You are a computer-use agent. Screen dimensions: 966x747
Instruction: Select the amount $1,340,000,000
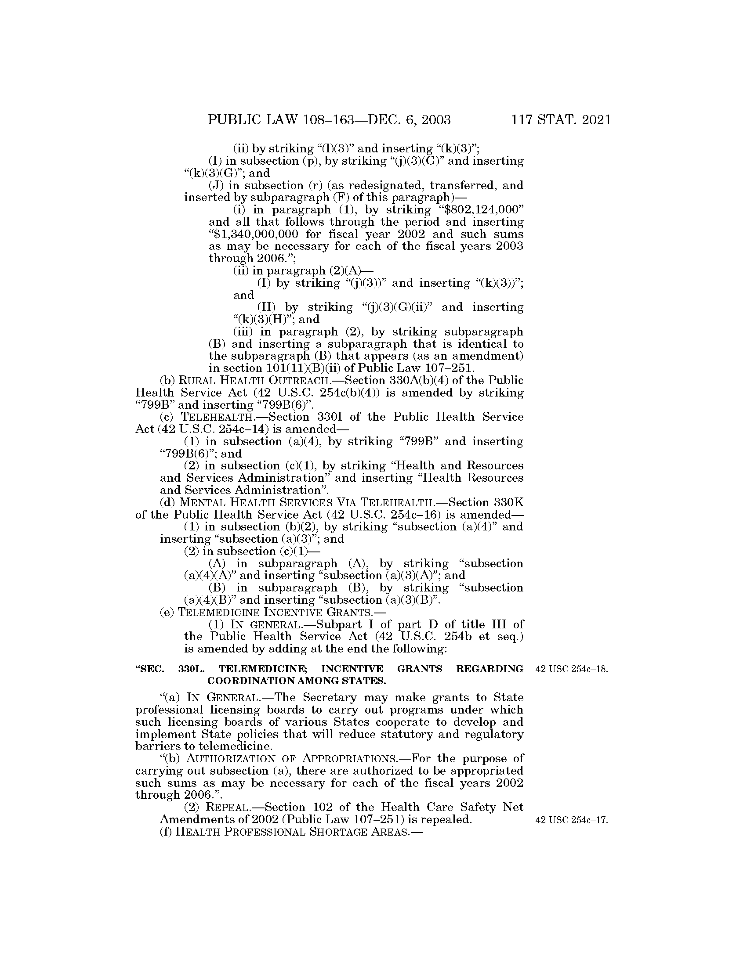click(x=254, y=234)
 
